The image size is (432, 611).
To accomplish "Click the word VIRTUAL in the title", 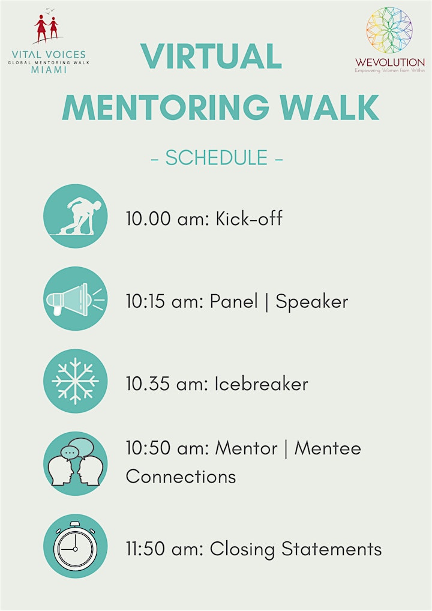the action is [211, 56].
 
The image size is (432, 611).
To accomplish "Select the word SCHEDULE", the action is [217, 157].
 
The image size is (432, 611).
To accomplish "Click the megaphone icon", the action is [75, 299].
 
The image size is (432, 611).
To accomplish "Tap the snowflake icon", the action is [75, 381].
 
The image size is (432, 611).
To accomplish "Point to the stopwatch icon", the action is [75, 546].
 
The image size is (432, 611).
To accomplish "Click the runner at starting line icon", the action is [75, 216].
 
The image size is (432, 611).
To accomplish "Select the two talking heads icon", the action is [75, 464].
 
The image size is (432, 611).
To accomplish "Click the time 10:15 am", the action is [165, 302].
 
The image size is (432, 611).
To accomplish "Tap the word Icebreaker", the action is [262, 384].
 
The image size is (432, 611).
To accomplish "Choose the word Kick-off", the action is [249, 218].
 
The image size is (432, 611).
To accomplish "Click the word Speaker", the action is [311, 302].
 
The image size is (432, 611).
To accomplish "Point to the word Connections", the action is [181, 476].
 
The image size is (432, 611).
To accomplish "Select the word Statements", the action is [331, 549].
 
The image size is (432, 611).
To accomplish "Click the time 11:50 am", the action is [164, 549].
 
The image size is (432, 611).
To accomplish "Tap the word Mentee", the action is [328, 448].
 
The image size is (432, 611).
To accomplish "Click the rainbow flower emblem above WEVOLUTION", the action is [389, 30].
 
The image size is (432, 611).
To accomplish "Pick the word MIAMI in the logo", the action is [49, 70].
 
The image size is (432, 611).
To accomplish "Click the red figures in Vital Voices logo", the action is [47, 28].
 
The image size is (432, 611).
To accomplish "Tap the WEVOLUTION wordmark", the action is [390, 62].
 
